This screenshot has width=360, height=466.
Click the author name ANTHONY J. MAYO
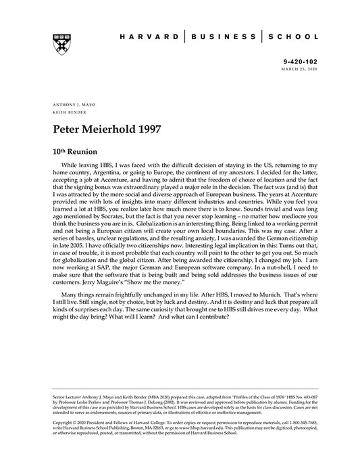(x=71, y=106)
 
